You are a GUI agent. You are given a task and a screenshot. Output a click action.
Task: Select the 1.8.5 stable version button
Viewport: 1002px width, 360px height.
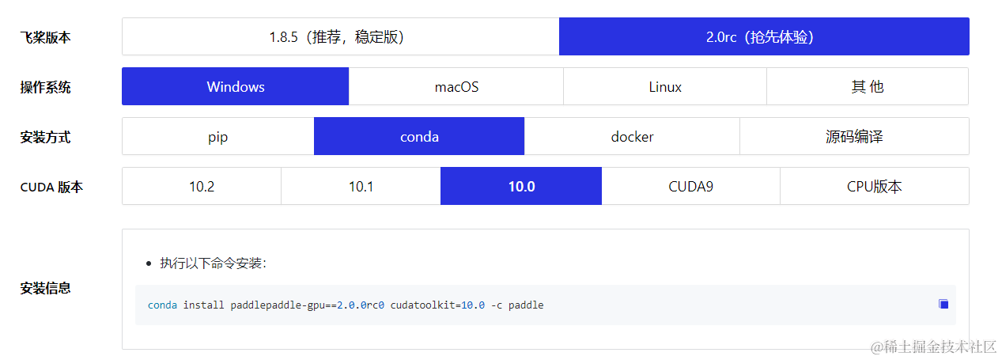click(340, 37)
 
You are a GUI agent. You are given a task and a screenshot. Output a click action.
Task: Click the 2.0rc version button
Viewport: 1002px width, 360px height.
click(763, 37)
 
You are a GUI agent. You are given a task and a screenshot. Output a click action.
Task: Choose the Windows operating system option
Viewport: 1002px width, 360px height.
click(235, 87)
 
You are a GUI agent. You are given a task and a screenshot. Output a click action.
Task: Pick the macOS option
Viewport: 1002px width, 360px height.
click(456, 87)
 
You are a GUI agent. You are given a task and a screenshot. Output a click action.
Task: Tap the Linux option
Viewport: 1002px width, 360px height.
click(665, 87)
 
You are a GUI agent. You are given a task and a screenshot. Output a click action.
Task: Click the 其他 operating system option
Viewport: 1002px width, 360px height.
click(867, 87)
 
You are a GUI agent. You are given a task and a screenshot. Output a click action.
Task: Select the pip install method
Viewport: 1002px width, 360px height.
click(218, 137)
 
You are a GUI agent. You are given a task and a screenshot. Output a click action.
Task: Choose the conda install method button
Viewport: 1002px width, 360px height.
click(419, 137)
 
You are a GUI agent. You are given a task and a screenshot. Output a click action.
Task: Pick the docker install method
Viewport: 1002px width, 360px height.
click(632, 137)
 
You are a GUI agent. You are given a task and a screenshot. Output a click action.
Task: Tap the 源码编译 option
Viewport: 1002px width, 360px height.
click(854, 137)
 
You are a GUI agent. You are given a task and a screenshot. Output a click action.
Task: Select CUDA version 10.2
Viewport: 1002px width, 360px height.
click(202, 187)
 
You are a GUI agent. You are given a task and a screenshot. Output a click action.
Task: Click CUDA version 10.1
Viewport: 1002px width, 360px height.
click(361, 187)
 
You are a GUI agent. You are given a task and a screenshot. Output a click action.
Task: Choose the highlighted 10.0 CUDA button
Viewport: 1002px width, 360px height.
click(521, 187)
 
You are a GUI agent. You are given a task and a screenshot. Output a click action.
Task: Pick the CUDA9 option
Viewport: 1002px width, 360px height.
click(690, 187)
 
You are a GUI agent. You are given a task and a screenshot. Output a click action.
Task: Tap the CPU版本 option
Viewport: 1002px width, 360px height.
click(874, 187)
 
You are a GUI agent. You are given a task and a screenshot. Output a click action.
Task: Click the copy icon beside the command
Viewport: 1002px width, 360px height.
click(943, 305)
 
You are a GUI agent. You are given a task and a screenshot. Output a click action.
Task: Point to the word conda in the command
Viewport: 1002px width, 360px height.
click(162, 305)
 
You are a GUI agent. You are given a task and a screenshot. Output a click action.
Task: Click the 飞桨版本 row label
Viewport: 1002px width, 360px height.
click(45, 37)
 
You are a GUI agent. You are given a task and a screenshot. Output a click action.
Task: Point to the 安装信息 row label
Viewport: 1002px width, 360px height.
click(45, 289)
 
